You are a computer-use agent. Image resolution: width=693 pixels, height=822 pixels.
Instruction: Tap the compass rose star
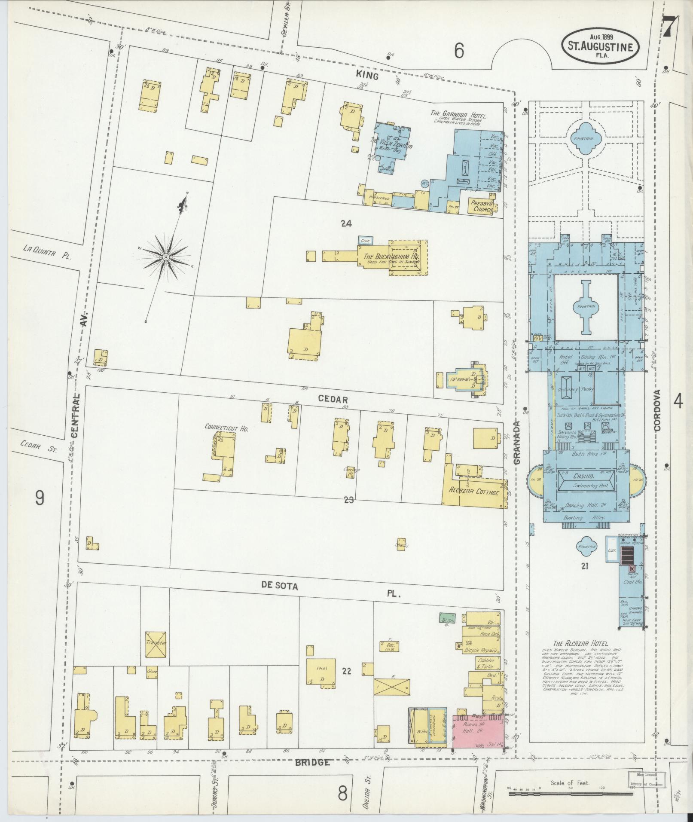click(x=165, y=257)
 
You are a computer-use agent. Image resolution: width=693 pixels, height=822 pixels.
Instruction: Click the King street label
click(x=367, y=76)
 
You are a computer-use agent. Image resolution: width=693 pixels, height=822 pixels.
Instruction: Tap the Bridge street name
click(x=312, y=763)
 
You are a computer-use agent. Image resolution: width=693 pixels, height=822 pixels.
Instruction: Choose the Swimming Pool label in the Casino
click(x=586, y=486)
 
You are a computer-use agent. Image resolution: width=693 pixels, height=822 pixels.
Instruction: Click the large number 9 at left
click(x=40, y=498)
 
